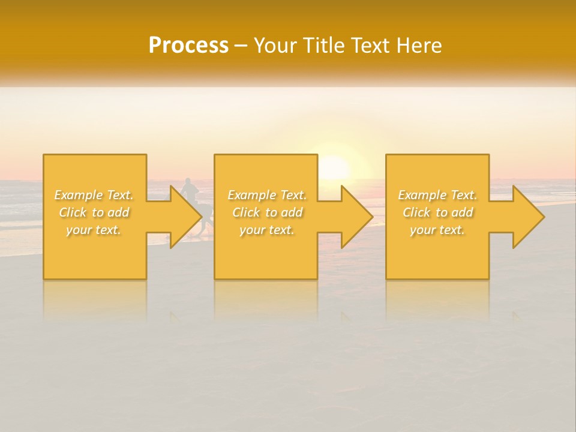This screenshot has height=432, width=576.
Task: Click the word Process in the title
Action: click(x=188, y=46)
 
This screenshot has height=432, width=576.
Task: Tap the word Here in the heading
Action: click(x=419, y=46)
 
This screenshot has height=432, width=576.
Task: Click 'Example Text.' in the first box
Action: click(x=94, y=195)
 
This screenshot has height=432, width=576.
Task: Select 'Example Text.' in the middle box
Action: click(x=267, y=195)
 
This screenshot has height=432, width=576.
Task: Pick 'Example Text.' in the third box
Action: click(x=437, y=195)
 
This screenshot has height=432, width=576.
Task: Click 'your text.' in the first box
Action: click(x=94, y=230)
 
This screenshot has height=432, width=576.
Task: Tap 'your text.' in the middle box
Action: click(x=267, y=230)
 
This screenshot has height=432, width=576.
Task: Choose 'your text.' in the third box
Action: click(x=437, y=230)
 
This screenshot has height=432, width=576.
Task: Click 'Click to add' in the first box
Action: click(x=94, y=212)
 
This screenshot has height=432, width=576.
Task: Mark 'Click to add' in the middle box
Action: click(x=267, y=212)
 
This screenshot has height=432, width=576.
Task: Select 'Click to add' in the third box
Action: click(x=437, y=212)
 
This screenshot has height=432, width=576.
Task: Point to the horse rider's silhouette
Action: click(x=190, y=191)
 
